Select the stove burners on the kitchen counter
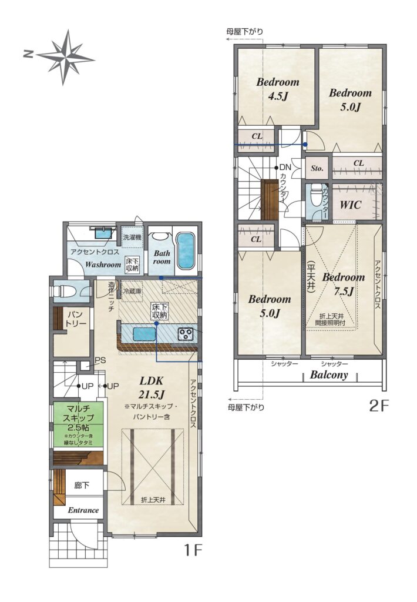(186, 333)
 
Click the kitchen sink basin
(144, 334)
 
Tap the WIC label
(350, 205)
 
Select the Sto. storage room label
(317, 168)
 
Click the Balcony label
(329, 374)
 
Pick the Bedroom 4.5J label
(278, 89)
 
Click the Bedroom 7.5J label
(344, 284)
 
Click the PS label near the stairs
(100, 360)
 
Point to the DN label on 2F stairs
(285, 168)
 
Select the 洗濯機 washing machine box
(132, 238)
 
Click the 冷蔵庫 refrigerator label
(132, 292)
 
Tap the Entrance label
(83, 510)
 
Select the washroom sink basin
(103, 233)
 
